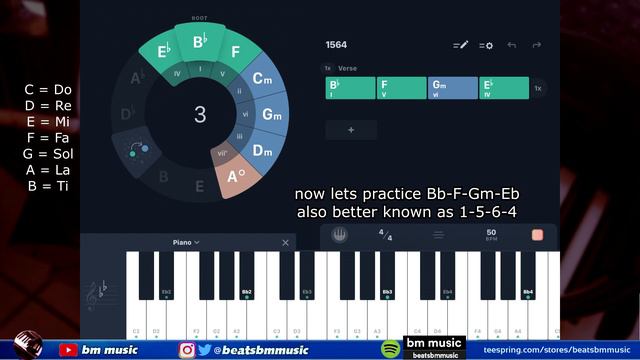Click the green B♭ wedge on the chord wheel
pyautogui.click(x=199, y=43)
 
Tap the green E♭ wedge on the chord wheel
pyautogui.click(x=156, y=51)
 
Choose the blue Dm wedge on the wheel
pyautogui.click(x=262, y=151)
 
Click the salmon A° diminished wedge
pyautogui.click(x=236, y=178)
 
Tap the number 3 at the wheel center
pyautogui.click(x=200, y=114)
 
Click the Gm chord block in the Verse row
pyautogui.click(x=452, y=88)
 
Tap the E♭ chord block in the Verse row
pyautogui.click(x=503, y=88)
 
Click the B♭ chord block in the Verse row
pyautogui.click(x=350, y=88)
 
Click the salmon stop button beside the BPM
pyautogui.click(x=537, y=235)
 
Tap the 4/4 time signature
pyautogui.click(x=384, y=235)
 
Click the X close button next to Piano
pyautogui.click(x=285, y=242)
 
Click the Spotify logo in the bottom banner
pyautogui.click(x=390, y=349)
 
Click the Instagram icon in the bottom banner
pyautogui.click(x=187, y=350)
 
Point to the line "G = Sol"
pyautogui.click(x=48, y=154)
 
